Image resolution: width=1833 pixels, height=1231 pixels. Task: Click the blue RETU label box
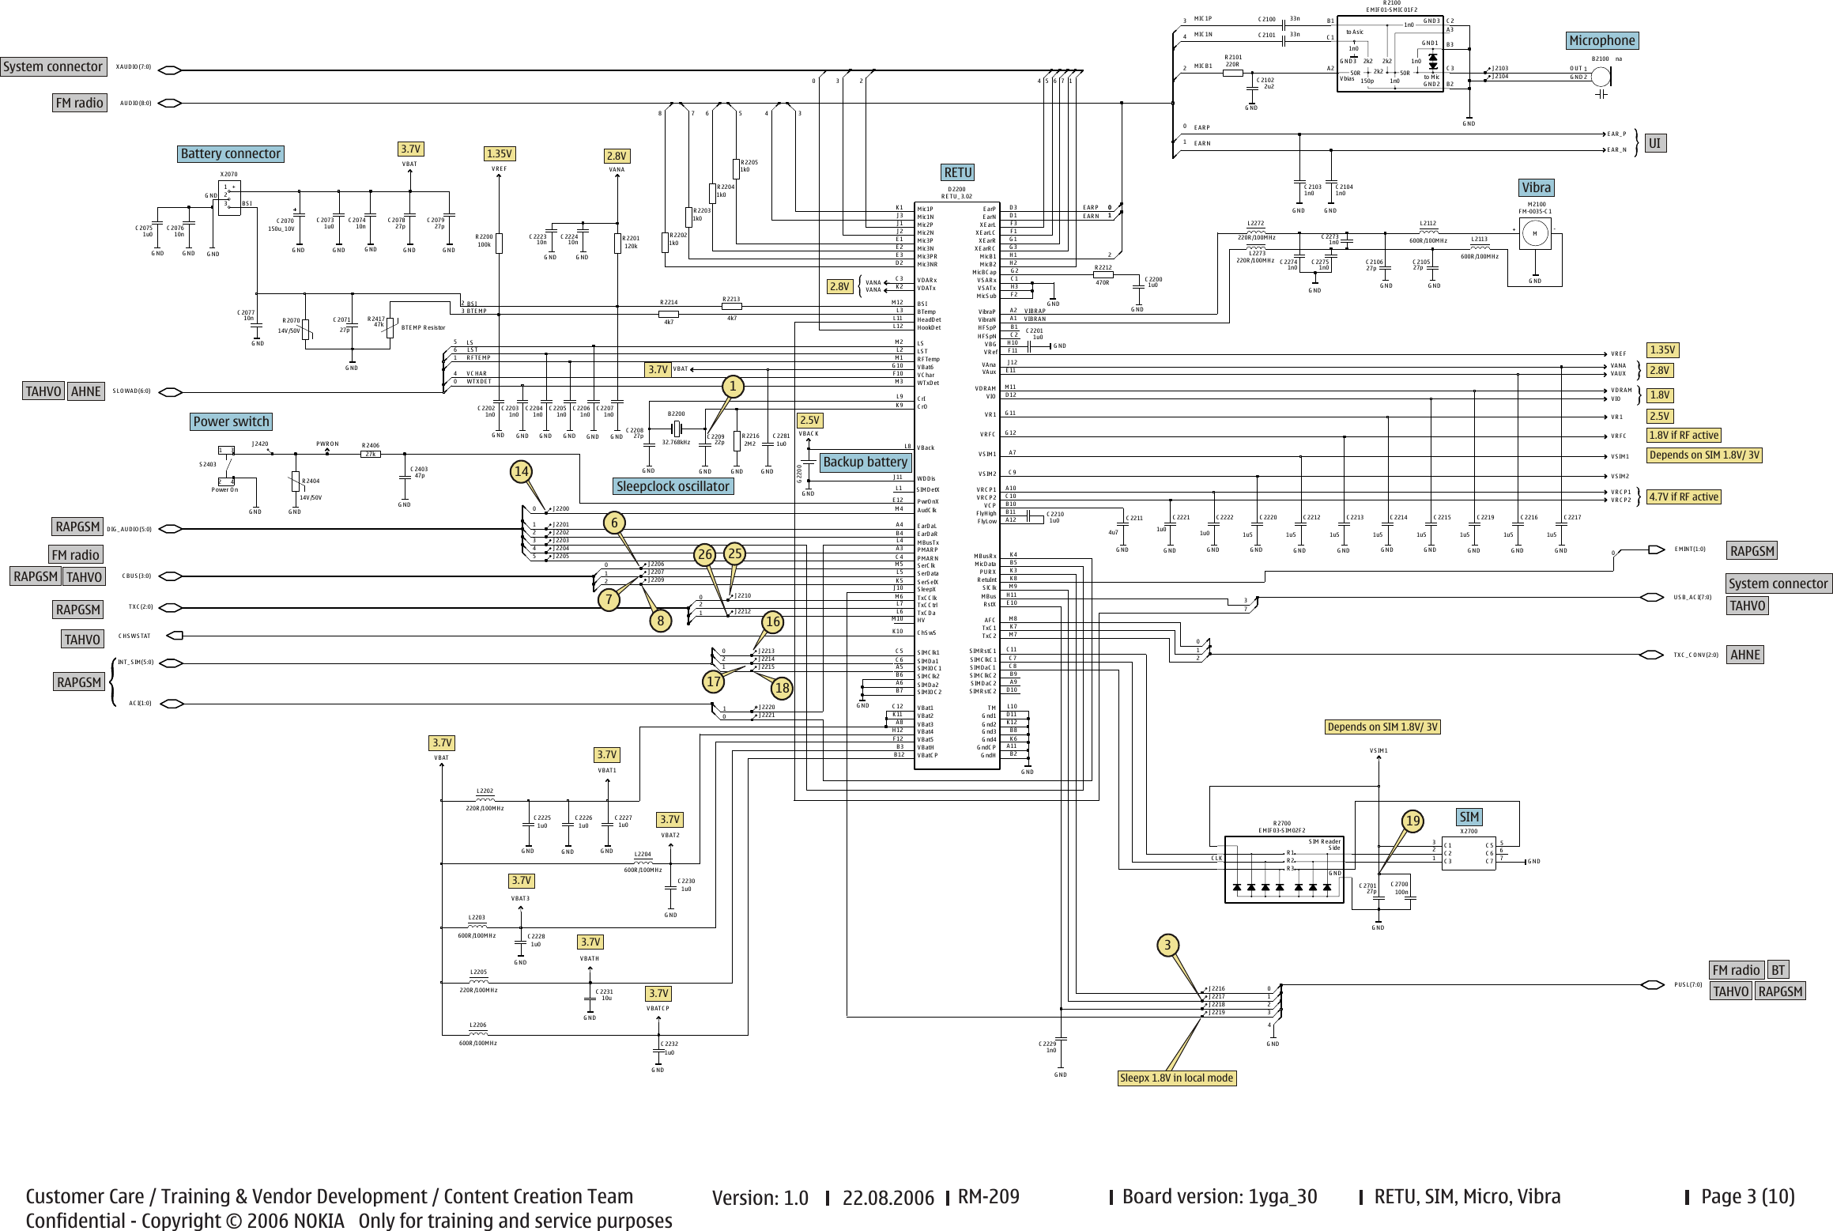[957, 172]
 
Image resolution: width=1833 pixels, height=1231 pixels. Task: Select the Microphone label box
[1601, 40]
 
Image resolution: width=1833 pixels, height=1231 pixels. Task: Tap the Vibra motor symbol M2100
[1535, 233]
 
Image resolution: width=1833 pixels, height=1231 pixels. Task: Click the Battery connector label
[230, 153]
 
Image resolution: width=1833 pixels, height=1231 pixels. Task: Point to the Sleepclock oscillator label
[673, 486]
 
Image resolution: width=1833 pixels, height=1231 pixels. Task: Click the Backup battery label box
[865, 462]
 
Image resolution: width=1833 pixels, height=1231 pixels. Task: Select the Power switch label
[231, 421]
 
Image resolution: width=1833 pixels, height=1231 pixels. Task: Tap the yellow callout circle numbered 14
[521, 472]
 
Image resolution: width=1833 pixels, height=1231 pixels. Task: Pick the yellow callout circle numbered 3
[1167, 945]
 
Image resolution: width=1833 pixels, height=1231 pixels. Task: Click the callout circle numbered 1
[733, 386]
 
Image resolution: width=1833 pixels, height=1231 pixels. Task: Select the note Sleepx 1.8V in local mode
[1176, 1078]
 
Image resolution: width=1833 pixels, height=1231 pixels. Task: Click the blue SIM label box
[1469, 817]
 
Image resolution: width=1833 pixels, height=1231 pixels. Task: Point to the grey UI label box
[1654, 143]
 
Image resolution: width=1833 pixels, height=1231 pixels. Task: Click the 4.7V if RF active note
[1684, 497]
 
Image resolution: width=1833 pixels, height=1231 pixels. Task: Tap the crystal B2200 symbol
[677, 429]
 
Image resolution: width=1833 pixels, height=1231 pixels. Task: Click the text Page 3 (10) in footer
[1748, 1196]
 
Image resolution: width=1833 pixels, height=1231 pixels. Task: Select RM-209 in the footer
[988, 1196]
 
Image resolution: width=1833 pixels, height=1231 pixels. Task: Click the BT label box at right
[1778, 970]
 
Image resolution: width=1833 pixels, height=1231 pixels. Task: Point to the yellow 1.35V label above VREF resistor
[499, 153]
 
